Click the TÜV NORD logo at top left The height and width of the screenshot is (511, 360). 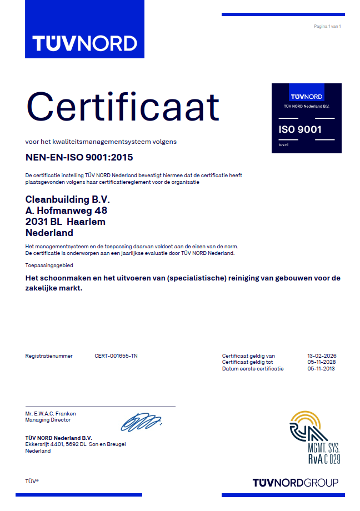pos(84,43)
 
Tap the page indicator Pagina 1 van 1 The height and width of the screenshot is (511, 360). pos(327,26)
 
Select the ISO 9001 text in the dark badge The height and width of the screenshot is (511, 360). pos(300,129)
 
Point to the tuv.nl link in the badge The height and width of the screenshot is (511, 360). pos(284,144)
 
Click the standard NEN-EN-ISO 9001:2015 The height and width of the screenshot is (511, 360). pos(79,158)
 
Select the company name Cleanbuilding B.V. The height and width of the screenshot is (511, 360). pos(68,199)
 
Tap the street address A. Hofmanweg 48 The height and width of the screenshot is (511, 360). pos(66,211)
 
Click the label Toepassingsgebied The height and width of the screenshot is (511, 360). pos(49,265)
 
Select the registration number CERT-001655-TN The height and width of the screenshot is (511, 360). pos(116,355)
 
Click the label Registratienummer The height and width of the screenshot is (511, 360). pos(49,355)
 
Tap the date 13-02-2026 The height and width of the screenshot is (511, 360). pos(322,355)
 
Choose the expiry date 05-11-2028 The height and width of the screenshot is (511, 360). pos(322,362)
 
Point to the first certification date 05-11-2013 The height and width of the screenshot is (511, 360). pos(322,368)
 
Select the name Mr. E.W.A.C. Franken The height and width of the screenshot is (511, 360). pos(51,413)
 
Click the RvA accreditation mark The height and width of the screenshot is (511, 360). pos(314,437)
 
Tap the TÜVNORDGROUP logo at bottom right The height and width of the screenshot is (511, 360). pos(295,482)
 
